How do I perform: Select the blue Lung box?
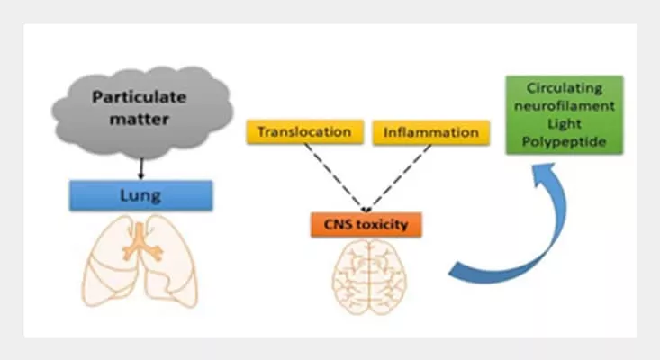[x=140, y=195]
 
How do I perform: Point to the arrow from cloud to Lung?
[x=141, y=166]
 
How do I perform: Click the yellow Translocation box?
[x=303, y=132]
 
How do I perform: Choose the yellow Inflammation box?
[x=431, y=132]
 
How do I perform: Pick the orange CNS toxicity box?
[x=368, y=223]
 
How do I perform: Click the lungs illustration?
[x=140, y=260]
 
